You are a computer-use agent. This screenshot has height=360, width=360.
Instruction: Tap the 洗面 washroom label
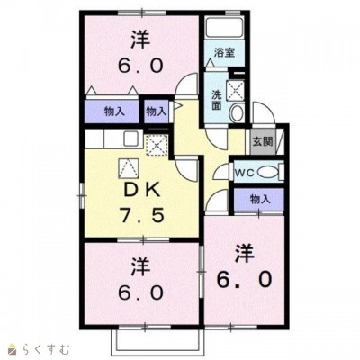(219, 99)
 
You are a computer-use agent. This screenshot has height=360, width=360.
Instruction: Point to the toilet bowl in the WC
(271, 172)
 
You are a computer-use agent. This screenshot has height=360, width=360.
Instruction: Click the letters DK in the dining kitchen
(136, 193)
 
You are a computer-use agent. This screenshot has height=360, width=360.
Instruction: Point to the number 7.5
(136, 217)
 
